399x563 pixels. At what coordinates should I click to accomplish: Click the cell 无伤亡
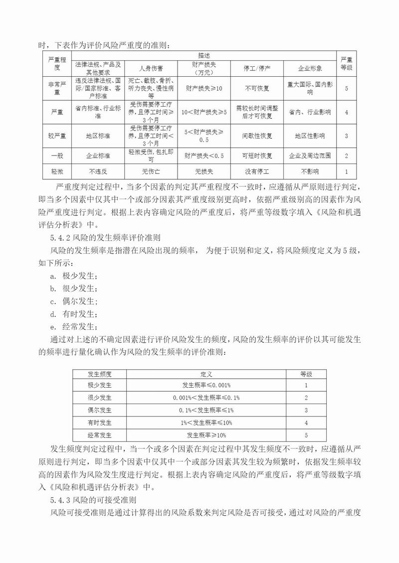click(150, 171)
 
